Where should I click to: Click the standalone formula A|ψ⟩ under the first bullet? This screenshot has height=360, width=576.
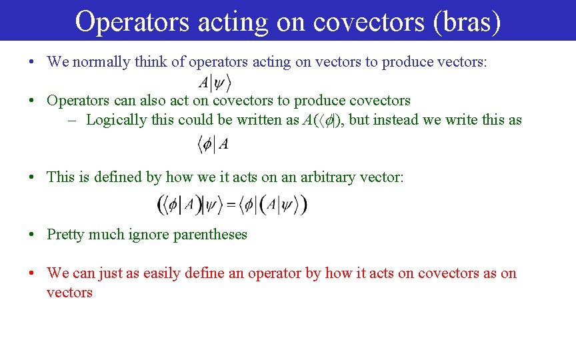pos(215,83)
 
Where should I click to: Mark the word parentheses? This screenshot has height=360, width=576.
pos(210,235)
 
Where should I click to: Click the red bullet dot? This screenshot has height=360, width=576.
pos(32,273)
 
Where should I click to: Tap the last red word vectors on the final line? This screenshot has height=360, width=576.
pos(69,293)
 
